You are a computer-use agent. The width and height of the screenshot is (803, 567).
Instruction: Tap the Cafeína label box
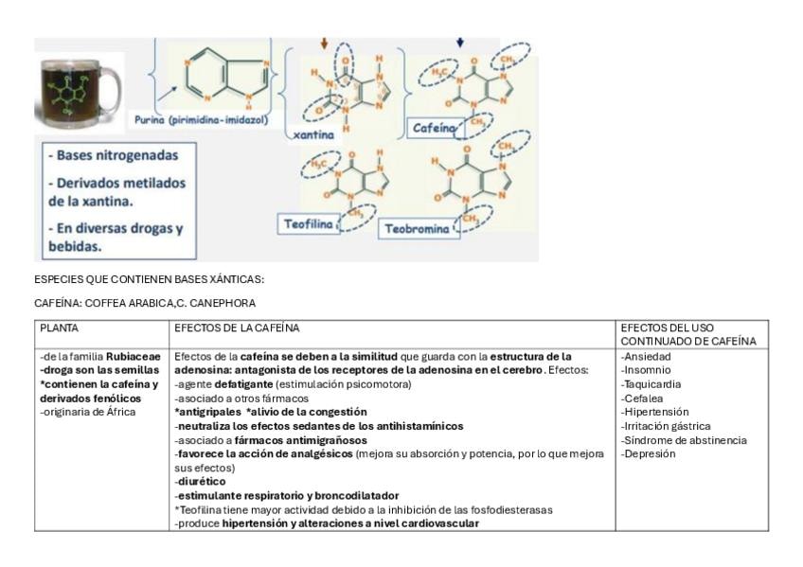(433, 127)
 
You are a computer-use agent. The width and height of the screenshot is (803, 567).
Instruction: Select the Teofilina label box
(309, 224)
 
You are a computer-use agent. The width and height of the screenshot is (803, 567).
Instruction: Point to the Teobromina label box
(419, 229)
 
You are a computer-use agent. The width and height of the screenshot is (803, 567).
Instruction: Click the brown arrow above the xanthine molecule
(324, 44)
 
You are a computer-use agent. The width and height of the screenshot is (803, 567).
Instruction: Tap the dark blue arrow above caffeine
(460, 43)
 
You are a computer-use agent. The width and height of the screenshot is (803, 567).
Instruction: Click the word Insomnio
(646, 370)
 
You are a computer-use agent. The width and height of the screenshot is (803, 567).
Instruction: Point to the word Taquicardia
(651, 384)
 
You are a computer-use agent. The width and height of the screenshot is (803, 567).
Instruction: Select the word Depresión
(648, 453)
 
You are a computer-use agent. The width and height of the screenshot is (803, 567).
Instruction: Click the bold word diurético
(201, 481)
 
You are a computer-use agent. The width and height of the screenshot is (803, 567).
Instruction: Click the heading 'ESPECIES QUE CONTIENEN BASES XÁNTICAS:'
(149, 279)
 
